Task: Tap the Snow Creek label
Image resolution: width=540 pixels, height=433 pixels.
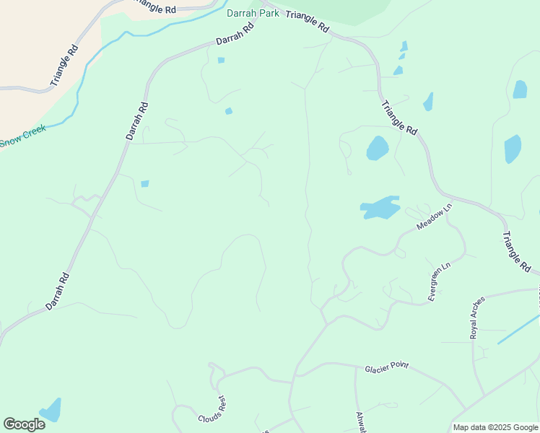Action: (23, 136)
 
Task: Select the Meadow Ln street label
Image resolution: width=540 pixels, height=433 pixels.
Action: (434, 216)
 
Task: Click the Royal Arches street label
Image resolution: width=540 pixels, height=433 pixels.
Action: (477, 318)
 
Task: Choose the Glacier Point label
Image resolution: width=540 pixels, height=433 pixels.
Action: (386, 366)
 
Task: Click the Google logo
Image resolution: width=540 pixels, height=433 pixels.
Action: (24, 424)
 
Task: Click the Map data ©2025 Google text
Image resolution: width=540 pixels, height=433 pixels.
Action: (495, 427)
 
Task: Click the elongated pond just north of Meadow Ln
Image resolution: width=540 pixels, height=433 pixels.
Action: (380, 208)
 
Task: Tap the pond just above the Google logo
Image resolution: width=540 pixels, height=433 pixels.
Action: (51, 410)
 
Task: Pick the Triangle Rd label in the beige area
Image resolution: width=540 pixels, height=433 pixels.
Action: (64, 66)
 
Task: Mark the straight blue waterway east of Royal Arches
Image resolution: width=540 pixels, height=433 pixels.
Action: (518, 328)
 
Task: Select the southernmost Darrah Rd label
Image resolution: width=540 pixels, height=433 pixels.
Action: (57, 291)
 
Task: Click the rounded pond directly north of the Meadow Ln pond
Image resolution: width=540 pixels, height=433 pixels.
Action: (378, 148)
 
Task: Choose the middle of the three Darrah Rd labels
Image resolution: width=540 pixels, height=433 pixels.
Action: (136, 120)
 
